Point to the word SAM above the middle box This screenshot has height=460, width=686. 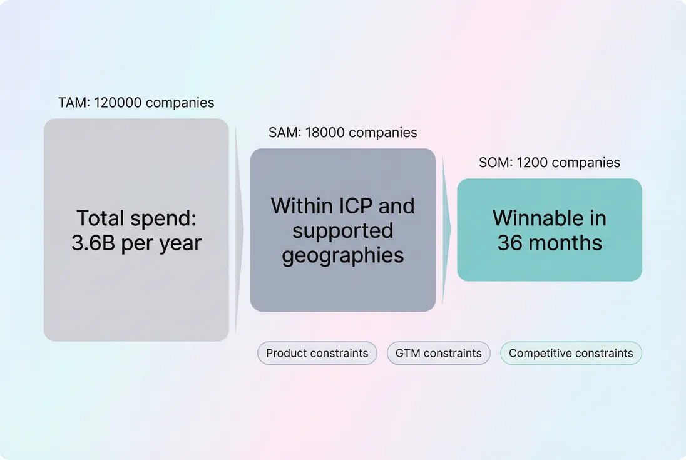click(x=282, y=133)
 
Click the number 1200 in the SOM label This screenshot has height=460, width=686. click(x=532, y=163)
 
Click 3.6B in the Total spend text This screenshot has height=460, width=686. click(x=93, y=243)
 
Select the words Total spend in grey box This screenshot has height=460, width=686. click(x=136, y=218)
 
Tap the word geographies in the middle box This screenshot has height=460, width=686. click(x=342, y=255)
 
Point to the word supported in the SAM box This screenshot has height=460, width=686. click(x=342, y=230)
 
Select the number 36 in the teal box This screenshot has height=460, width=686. click(x=510, y=243)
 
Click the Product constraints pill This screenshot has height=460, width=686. click(x=317, y=353)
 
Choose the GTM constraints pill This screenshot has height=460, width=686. click(x=438, y=353)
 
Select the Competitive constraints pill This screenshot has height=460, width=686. click(x=571, y=353)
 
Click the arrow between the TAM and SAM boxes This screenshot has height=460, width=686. click(x=239, y=230)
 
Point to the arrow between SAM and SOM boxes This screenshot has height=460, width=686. click(x=446, y=230)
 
